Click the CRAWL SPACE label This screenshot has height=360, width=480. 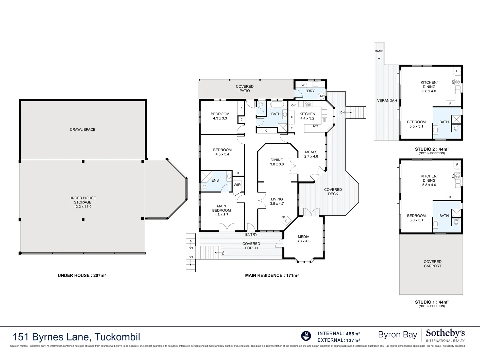tap(82, 129)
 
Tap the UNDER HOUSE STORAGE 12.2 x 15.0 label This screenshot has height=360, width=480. tap(82, 202)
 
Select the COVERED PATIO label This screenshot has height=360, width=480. tap(245, 88)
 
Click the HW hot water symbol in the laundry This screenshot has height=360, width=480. tap(321, 96)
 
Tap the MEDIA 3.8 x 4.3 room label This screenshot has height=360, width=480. tap(303, 239)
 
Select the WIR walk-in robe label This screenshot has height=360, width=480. tap(237, 185)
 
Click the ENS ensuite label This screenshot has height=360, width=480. tap(215, 180)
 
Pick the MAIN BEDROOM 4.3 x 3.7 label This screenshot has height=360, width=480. tap(221, 210)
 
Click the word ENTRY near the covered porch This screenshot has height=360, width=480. tap(251, 235)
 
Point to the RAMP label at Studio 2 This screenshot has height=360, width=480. tap(379, 51)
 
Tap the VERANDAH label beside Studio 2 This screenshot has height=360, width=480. tap(387, 100)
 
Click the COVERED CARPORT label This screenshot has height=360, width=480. tap(432, 264)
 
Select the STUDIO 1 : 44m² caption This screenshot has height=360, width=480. tap(431, 302)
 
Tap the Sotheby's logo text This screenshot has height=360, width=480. tap(445, 333)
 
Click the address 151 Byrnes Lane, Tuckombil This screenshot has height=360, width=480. tap(76, 337)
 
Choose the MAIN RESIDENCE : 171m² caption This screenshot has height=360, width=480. tap(272, 275)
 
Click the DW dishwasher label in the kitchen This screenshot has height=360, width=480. tap(315, 126)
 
